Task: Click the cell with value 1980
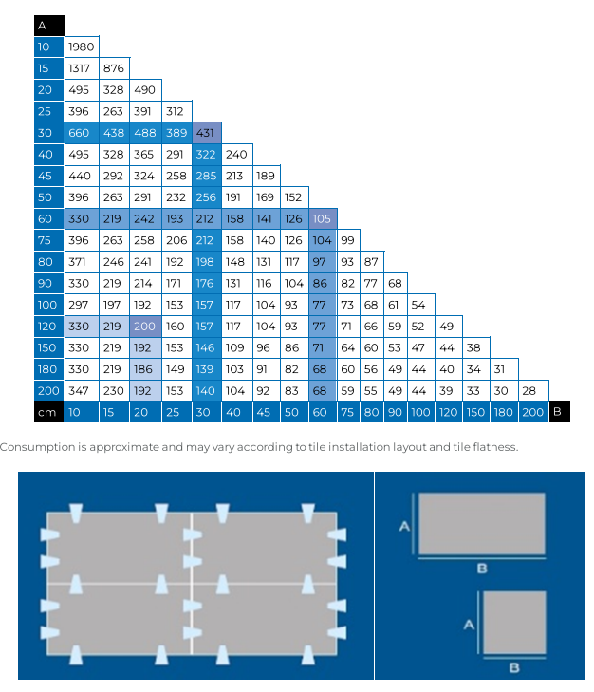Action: tap(81, 47)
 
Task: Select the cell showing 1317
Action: tap(80, 68)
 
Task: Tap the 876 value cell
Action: tap(114, 68)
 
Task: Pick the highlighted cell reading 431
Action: tap(206, 133)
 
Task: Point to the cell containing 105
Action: tap(323, 219)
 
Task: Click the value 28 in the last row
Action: tap(529, 391)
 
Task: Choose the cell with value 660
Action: tap(80, 133)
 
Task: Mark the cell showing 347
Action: tap(80, 391)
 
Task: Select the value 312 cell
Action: tap(176, 111)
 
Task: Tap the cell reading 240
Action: tap(236, 155)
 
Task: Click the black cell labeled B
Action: tap(556, 411)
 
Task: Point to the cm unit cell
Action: tap(44, 411)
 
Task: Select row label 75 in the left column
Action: tap(44, 240)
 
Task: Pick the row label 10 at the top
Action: tap(44, 47)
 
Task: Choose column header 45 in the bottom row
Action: tap(265, 411)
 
